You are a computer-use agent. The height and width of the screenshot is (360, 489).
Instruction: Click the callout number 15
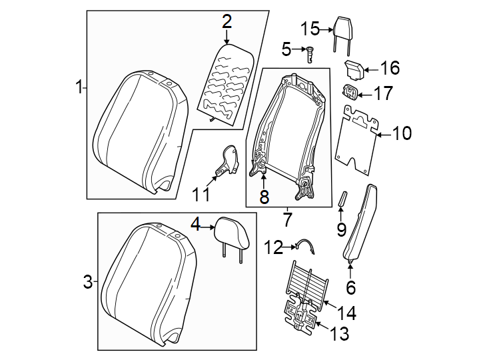pos(310,29)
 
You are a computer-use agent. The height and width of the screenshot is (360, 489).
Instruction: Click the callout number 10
pos(402,134)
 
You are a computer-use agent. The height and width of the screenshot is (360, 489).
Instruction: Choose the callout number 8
pos(264,197)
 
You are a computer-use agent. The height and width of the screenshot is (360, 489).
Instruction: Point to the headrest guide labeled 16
pos(352,68)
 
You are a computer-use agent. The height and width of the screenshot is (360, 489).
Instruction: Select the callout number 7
pos(287,218)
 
